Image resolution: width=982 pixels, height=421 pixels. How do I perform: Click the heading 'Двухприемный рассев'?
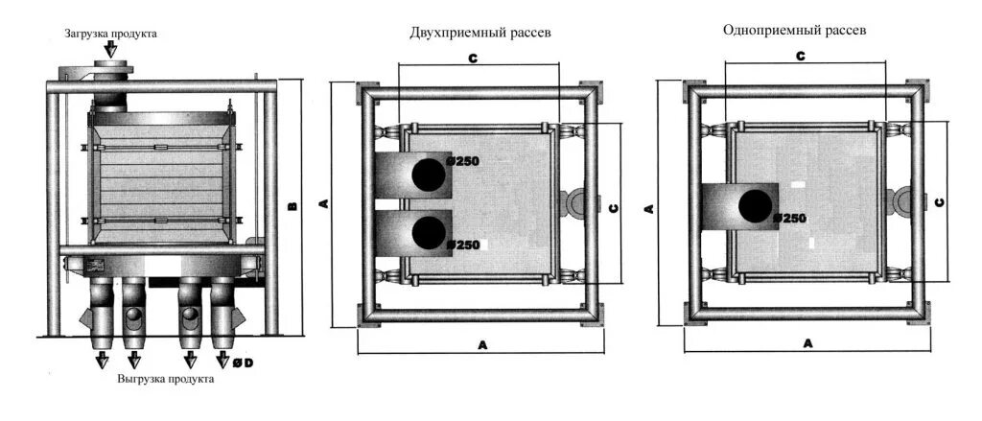[x=480, y=33]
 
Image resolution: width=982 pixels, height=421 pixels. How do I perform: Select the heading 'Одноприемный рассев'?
[x=794, y=30]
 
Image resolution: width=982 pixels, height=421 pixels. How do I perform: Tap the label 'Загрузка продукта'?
[x=111, y=34]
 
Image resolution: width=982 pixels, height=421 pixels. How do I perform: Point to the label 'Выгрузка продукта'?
[x=166, y=379]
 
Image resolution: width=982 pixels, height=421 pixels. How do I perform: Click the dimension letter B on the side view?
[x=293, y=206]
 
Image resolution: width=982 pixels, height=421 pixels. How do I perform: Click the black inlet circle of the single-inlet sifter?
[x=756, y=204]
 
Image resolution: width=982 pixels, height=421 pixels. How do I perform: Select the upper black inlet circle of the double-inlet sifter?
[x=429, y=173]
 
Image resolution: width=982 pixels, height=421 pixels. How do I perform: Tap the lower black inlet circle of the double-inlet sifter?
[x=429, y=231]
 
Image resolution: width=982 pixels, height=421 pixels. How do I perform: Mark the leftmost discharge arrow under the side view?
[x=101, y=360]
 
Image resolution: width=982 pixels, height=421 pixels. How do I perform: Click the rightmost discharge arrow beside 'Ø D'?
[x=222, y=360]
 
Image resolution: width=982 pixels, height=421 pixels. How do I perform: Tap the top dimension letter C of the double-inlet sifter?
[x=474, y=58]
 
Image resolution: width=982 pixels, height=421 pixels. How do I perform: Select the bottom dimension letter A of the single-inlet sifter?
[x=808, y=342]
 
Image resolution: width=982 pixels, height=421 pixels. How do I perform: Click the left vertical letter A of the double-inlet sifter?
[x=325, y=203]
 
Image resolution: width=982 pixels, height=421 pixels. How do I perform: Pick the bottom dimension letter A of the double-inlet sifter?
[x=479, y=343]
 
